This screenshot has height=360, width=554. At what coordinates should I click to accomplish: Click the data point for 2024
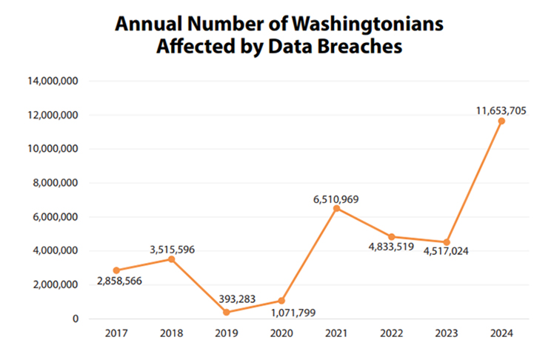(x=501, y=121)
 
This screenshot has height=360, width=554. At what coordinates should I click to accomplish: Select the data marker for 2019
(x=226, y=312)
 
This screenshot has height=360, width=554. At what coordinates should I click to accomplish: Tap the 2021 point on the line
(x=336, y=208)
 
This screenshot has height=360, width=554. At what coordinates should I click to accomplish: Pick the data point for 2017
(x=116, y=270)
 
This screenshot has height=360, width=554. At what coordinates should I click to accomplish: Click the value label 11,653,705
(x=501, y=110)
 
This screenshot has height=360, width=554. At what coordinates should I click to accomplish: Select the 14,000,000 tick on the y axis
(x=53, y=81)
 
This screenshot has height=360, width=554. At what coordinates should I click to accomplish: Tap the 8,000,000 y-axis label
(x=55, y=183)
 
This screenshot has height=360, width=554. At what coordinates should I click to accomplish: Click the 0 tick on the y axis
(x=76, y=319)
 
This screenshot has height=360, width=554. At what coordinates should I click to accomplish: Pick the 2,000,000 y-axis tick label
(x=55, y=284)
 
